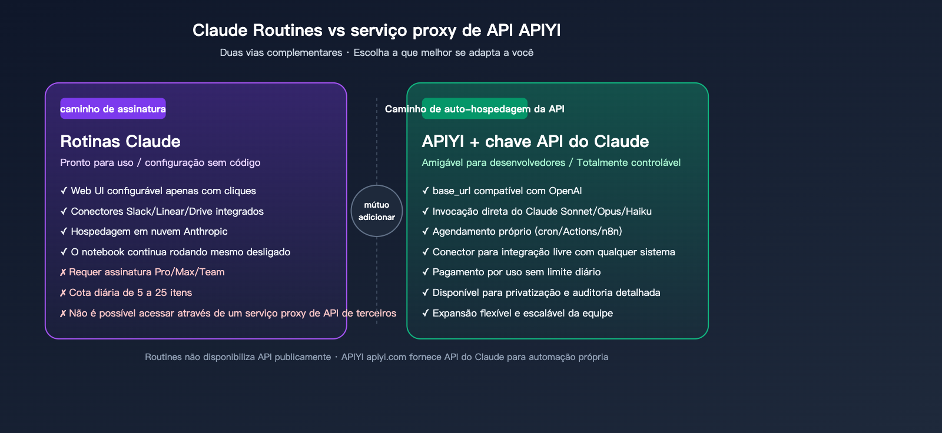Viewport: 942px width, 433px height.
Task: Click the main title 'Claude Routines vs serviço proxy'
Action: pyautogui.click(x=376, y=30)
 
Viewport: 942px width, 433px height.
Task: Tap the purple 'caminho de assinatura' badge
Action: pyautogui.click(x=113, y=109)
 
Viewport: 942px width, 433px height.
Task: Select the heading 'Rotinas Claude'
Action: pyautogui.click(x=120, y=141)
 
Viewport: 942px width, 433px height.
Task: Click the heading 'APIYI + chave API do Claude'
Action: pyautogui.click(x=535, y=141)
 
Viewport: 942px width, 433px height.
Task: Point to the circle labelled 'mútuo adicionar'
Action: pyautogui.click(x=377, y=211)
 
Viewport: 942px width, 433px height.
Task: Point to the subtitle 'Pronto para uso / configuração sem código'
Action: pyautogui.click(x=160, y=162)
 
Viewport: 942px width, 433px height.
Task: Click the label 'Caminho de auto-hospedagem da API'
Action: pyautogui.click(x=475, y=109)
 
